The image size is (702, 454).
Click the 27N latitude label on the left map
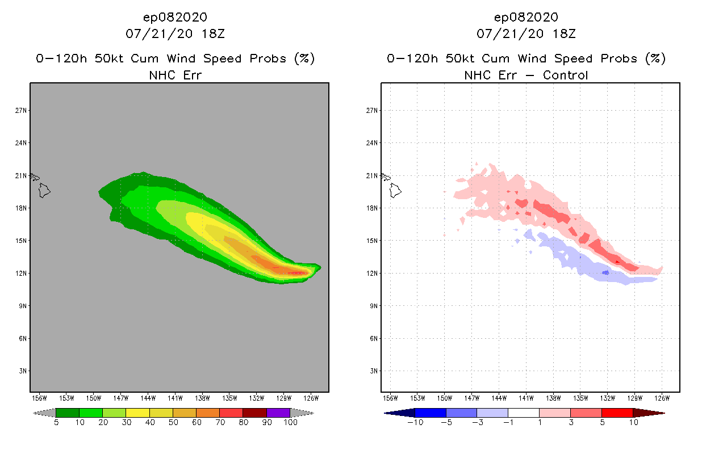point(21,110)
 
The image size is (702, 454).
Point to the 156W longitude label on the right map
point(390,398)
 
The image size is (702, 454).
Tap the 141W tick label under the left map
point(175,398)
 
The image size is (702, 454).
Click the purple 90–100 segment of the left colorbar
point(278,413)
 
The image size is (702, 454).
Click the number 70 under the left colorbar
point(219,423)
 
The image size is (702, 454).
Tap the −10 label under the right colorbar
point(415,423)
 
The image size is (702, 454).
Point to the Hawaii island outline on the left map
point(44,191)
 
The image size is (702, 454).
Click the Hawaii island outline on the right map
point(395,191)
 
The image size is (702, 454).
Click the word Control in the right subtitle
point(565,75)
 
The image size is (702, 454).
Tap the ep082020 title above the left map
point(175,18)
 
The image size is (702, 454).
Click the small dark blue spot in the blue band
point(605,273)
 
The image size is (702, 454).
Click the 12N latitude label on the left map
point(21,274)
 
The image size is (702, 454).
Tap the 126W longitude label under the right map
point(662,398)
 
